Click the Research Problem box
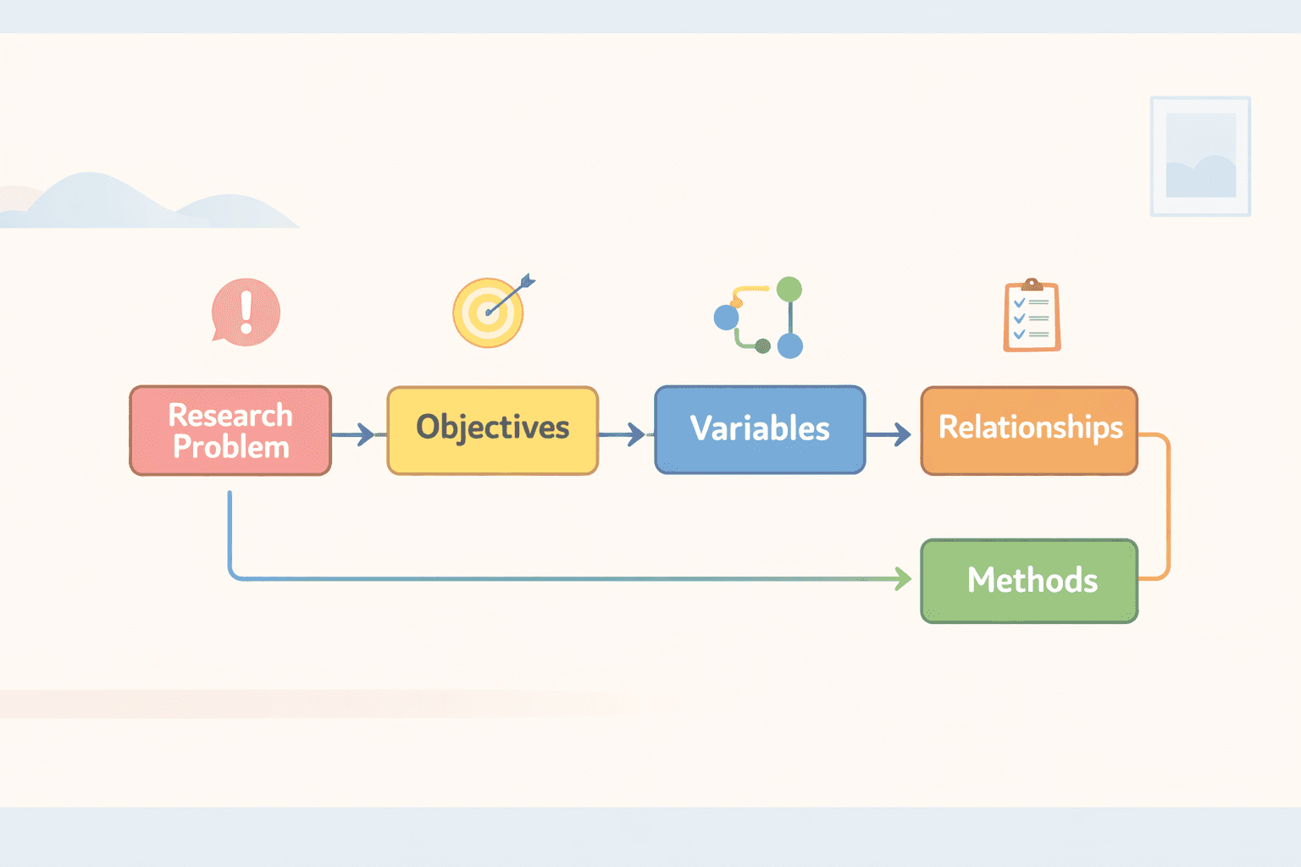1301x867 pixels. tap(230, 430)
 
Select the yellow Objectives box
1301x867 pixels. tap(493, 430)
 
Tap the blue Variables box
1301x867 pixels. tap(760, 429)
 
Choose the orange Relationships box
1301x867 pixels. tap(1029, 430)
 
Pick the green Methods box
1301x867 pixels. tap(1029, 581)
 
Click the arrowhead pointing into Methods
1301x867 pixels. tap(903, 579)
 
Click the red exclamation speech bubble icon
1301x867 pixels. tap(246, 312)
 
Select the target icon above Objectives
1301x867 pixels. tap(488, 312)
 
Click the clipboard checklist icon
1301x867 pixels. tap(1032, 316)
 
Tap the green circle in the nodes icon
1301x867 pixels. tap(789, 290)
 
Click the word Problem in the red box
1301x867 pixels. tap(231, 447)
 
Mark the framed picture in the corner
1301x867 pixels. tap(1200, 156)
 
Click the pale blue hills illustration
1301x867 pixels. tap(144, 203)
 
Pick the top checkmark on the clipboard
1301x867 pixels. tap(1020, 302)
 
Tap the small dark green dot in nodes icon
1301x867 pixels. tap(762, 345)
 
